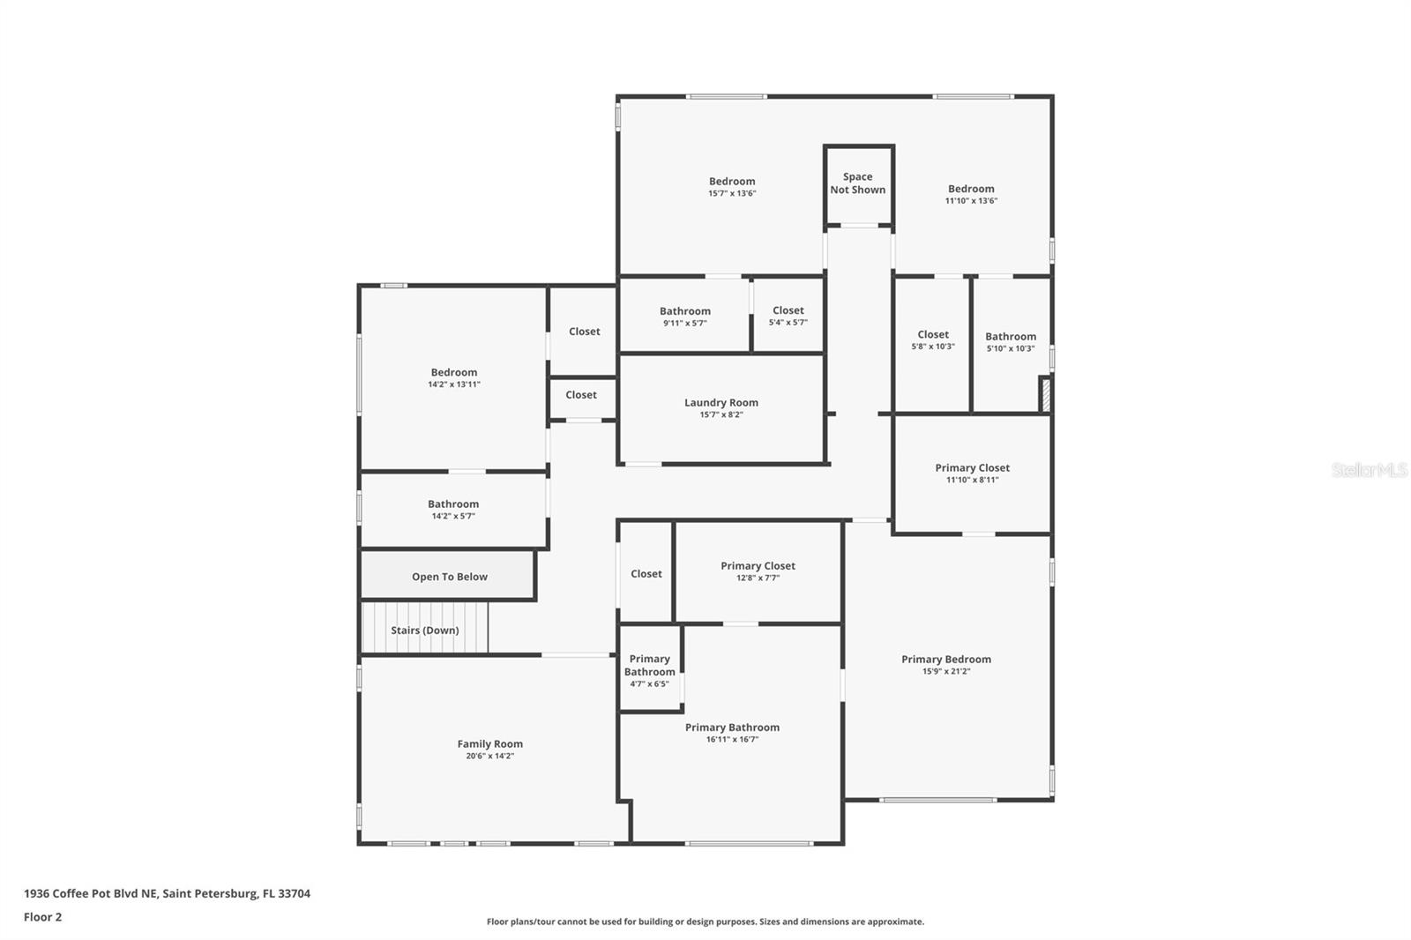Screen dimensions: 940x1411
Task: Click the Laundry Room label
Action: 720,403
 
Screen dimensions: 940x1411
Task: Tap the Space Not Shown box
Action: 857,183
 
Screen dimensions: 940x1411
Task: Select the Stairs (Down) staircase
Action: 424,629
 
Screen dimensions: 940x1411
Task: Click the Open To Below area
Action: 448,576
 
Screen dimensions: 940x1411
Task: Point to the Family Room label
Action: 489,744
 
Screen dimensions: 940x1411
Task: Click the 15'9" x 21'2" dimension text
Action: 945,671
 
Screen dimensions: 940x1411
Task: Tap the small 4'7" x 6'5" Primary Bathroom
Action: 650,670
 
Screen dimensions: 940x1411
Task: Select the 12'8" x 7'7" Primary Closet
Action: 758,571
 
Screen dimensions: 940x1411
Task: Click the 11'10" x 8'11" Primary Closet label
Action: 972,468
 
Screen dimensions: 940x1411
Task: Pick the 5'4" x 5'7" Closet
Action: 788,315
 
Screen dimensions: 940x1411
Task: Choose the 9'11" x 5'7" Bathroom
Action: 684,316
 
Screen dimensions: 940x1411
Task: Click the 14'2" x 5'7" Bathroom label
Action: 453,504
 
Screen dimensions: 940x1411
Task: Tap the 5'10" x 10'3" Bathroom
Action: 1010,341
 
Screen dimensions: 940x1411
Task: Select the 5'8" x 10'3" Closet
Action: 932,339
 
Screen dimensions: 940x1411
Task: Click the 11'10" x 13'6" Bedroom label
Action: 970,189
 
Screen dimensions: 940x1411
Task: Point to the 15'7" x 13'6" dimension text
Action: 732,193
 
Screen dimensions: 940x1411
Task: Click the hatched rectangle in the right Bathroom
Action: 1045,394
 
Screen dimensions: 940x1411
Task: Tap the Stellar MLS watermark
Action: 1369,470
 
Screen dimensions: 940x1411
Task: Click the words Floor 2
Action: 42,917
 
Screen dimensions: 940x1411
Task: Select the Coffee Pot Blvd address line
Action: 167,893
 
